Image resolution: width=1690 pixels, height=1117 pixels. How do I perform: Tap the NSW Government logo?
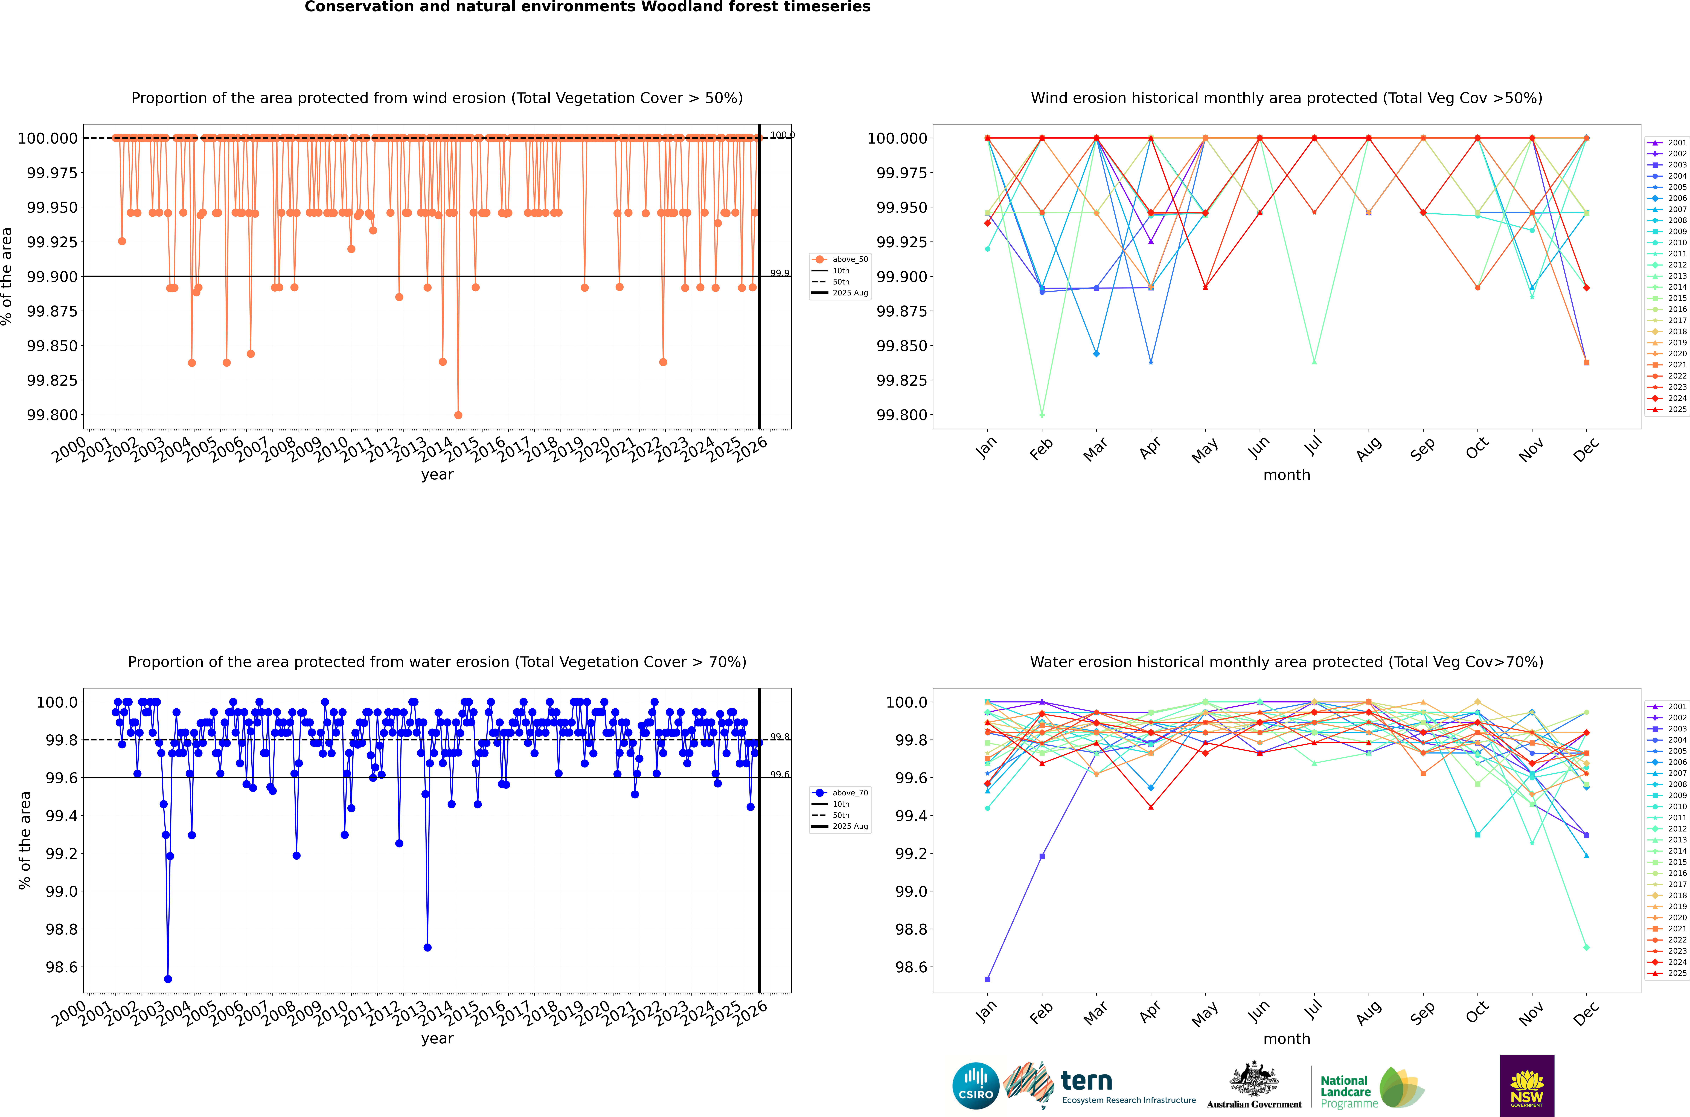coord(1527,1086)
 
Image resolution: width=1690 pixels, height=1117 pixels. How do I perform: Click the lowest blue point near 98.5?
coord(168,979)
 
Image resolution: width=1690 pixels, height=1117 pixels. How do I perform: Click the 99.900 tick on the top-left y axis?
coord(52,276)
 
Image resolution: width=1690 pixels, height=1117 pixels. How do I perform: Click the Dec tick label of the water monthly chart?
coord(1586,1012)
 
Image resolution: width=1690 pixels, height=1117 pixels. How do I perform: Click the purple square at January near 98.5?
coord(987,979)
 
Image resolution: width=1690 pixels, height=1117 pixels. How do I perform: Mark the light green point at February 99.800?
coord(1042,415)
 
